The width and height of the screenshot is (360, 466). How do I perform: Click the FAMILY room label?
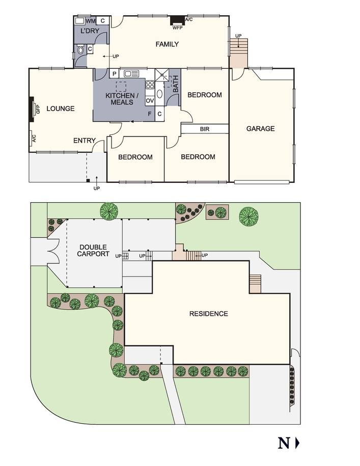pyautogui.click(x=167, y=44)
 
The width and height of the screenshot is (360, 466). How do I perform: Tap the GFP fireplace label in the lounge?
pyautogui.click(x=38, y=108)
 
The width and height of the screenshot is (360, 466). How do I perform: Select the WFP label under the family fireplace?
pyautogui.click(x=177, y=28)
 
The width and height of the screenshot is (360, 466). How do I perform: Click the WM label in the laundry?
pyautogui.click(x=91, y=21)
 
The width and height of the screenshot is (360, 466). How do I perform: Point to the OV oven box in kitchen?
pyautogui.click(x=150, y=101)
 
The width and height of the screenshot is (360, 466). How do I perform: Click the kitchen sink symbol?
pyautogui.click(x=131, y=73)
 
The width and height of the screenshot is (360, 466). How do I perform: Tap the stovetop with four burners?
pyautogui.click(x=150, y=85)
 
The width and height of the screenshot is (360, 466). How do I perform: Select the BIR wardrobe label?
pyautogui.click(x=205, y=129)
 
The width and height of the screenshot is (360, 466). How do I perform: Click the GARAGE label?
pyautogui.click(x=261, y=129)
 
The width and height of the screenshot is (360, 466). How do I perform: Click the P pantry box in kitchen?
pyautogui.click(x=115, y=74)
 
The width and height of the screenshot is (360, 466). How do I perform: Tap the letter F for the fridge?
pyautogui.click(x=150, y=114)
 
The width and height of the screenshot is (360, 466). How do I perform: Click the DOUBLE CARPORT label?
pyautogui.click(x=93, y=251)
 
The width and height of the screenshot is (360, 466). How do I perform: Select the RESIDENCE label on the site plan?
pyautogui.click(x=209, y=314)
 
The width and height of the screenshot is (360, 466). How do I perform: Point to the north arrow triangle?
pyautogui.click(x=297, y=443)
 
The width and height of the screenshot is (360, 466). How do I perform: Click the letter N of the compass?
pyautogui.click(x=284, y=443)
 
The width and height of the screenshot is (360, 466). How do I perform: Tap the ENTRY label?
pyautogui.click(x=85, y=141)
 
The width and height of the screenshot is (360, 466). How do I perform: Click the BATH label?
pyautogui.click(x=176, y=84)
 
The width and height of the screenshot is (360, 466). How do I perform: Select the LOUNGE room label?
pyautogui.click(x=61, y=108)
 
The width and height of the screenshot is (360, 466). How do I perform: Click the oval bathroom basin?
pyautogui.click(x=159, y=94)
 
